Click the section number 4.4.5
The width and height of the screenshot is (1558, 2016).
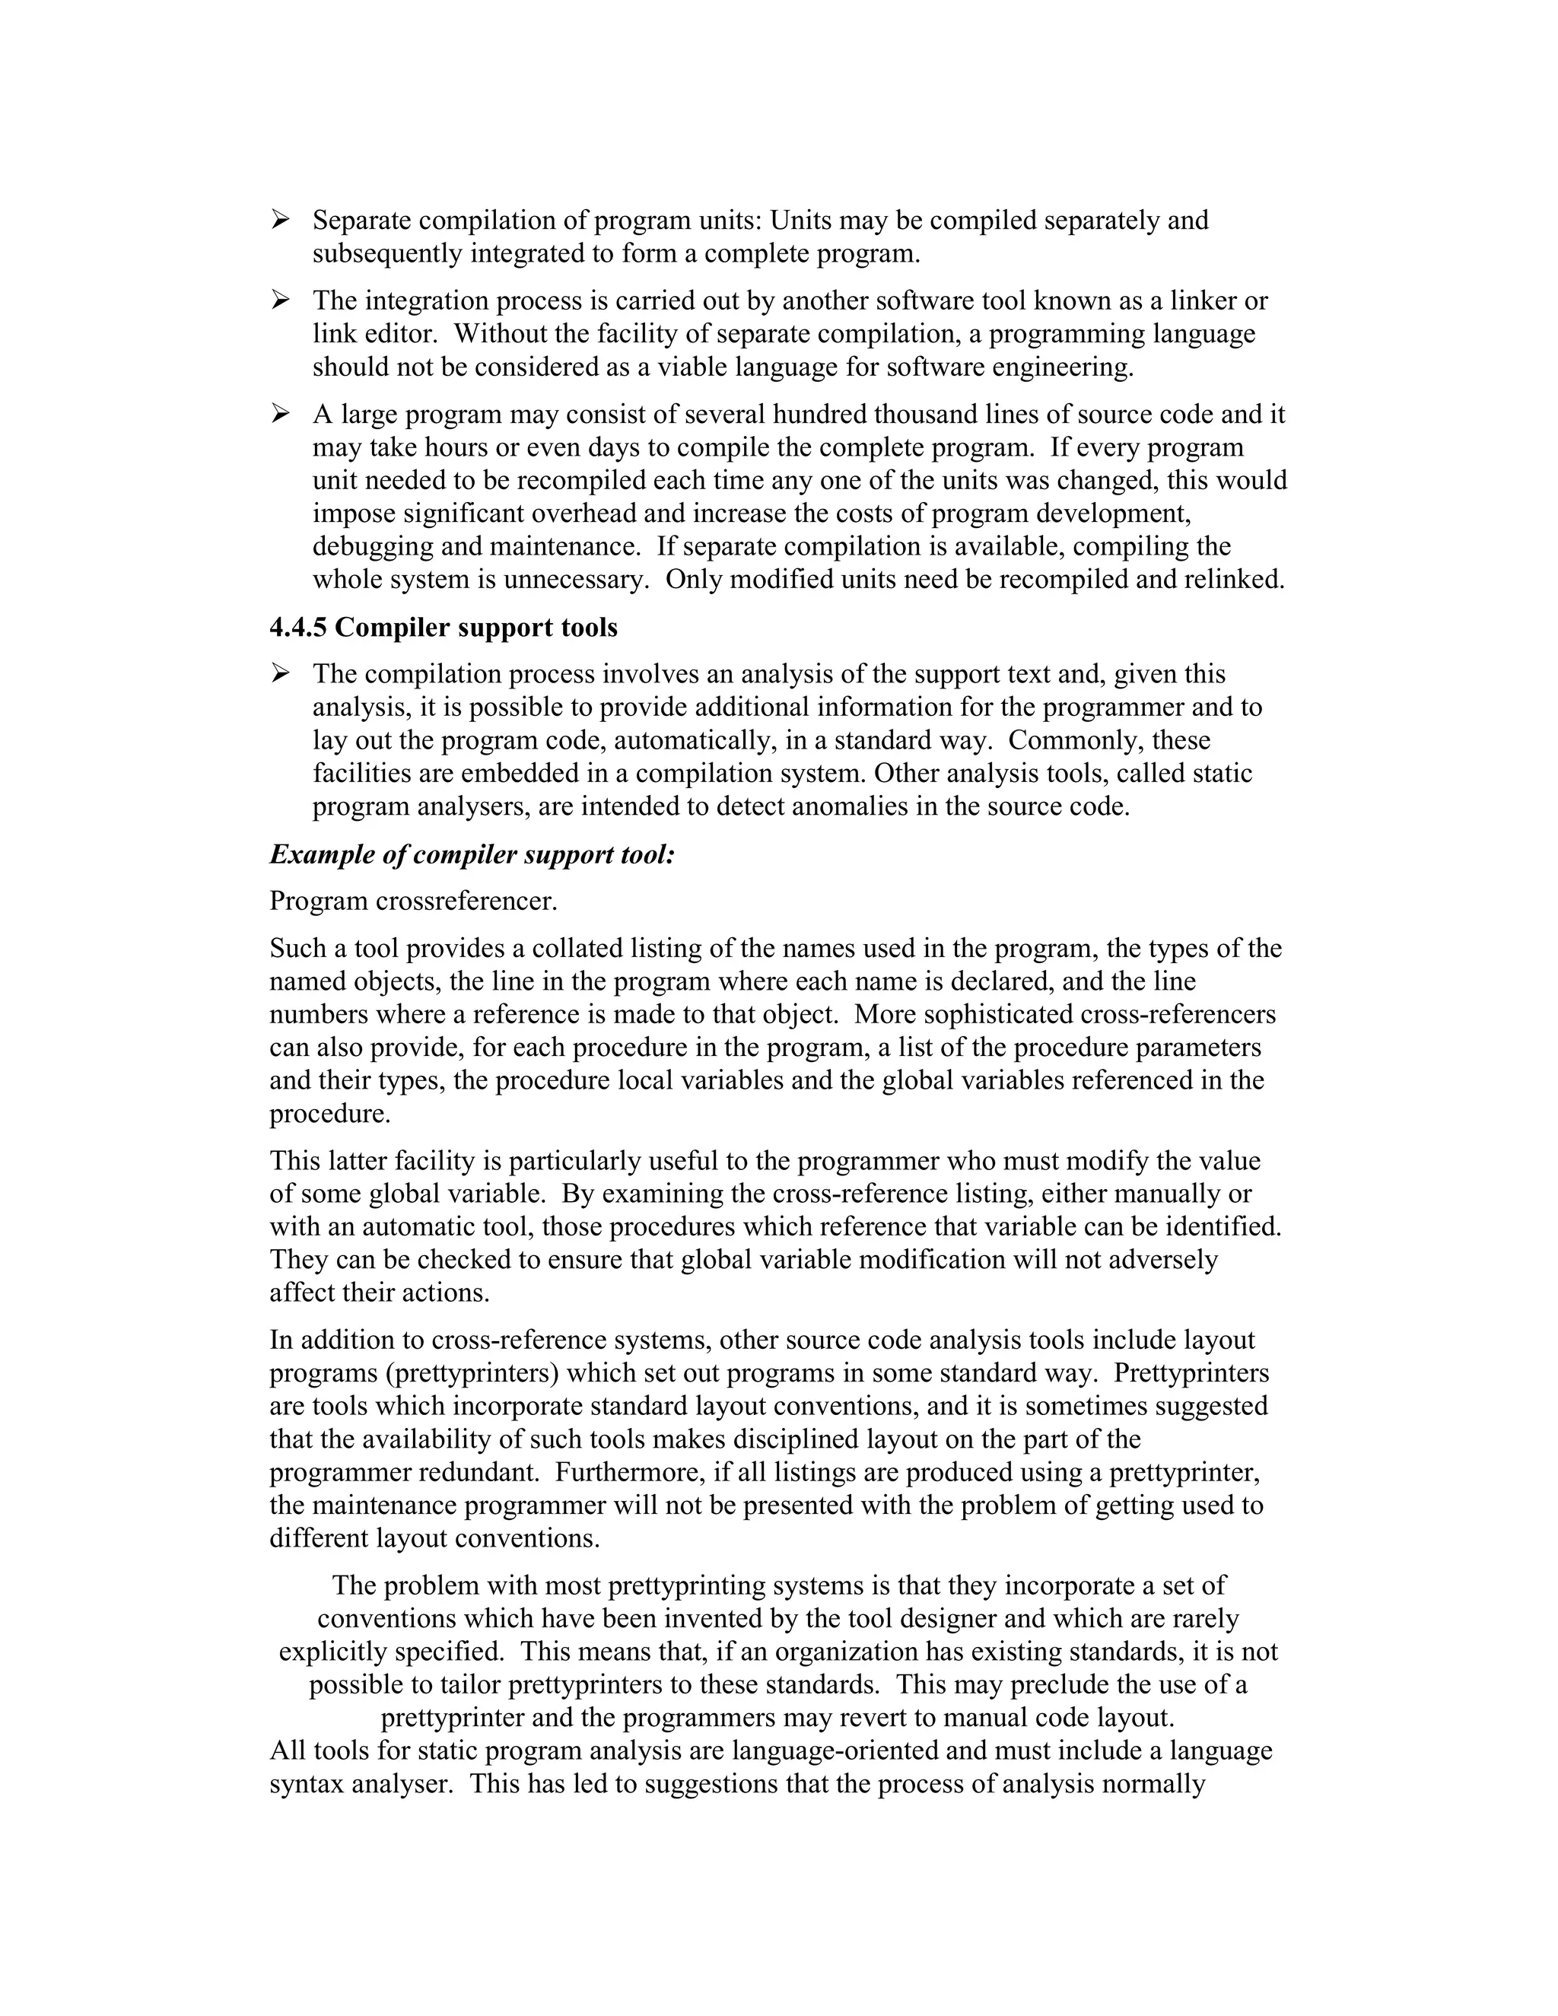pos(298,628)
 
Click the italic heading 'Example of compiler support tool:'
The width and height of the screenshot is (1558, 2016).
pos(472,855)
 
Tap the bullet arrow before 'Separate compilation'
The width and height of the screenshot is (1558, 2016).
pos(281,220)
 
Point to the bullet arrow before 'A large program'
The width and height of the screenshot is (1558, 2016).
pos(281,414)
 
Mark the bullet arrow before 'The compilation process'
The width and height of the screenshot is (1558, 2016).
pos(281,674)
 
